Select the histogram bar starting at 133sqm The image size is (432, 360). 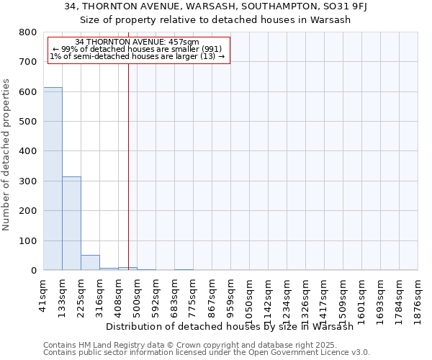[x=71, y=223]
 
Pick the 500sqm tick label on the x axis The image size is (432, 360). [x=138, y=294]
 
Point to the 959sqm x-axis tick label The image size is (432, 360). [x=231, y=294]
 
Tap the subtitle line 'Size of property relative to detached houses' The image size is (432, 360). [x=215, y=20]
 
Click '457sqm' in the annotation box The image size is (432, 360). [x=182, y=42]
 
